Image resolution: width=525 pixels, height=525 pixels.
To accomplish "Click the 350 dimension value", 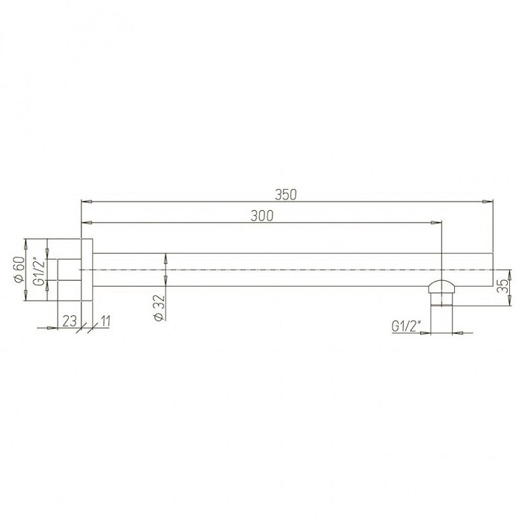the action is click(285, 194).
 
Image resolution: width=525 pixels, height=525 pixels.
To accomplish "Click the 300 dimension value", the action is click(262, 216).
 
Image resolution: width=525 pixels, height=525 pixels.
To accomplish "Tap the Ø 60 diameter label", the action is click(20, 269).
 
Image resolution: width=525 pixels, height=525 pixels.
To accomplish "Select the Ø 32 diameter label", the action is click(159, 308).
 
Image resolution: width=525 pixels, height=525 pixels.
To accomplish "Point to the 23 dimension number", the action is click(70, 321).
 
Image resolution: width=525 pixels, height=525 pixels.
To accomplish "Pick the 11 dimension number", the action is click(105, 321).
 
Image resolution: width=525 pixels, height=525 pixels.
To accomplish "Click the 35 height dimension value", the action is click(503, 285).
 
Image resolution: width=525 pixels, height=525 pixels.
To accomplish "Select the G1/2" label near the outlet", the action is click(406, 325).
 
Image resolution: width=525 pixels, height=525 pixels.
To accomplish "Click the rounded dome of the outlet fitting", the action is click(442, 287).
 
